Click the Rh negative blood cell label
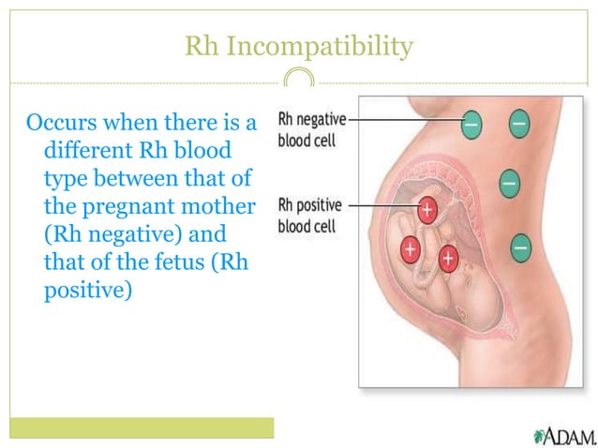tap(312, 128)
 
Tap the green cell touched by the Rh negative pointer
tap(471, 122)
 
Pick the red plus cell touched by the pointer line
tap(427, 210)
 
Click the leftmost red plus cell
tap(411, 248)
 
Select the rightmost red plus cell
tap(448, 256)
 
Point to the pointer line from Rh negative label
tap(403, 121)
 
